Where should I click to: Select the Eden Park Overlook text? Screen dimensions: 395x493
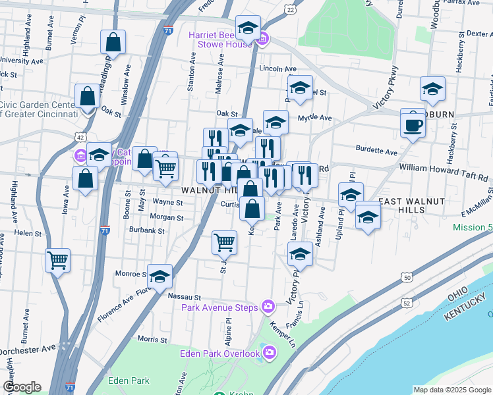tap(220, 354)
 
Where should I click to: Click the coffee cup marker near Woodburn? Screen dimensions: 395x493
tap(413, 124)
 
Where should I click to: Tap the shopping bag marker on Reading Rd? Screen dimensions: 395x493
tap(113, 43)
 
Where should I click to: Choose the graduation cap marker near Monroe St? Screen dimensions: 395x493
tap(159, 277)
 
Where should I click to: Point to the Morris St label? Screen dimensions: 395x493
tap(152, 340)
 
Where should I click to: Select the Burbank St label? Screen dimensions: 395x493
tap(147, 231)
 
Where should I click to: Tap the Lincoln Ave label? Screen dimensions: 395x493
tap(277, 68)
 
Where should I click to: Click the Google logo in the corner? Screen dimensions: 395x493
tap(22, 387)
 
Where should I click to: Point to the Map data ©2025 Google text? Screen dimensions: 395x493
tap(451, 390)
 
